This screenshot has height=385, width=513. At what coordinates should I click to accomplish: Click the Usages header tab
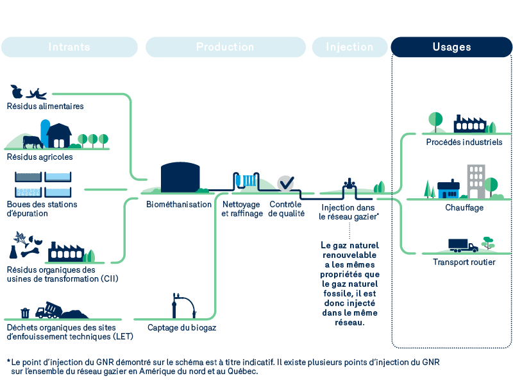451,47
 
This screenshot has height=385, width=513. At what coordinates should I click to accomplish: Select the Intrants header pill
69,47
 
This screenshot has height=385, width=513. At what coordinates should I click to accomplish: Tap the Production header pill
225,47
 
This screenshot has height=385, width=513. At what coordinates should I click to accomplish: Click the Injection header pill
349,47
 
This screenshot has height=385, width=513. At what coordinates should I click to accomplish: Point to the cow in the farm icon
31,141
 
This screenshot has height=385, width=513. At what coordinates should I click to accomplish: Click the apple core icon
17,92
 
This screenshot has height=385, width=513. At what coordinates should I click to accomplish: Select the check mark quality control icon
285,183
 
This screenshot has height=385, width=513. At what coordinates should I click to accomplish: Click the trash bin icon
25,312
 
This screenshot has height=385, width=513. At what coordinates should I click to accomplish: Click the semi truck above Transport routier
462,245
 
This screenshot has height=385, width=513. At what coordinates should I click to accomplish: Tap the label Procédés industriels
464,142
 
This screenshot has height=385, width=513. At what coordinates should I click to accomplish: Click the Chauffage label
464,207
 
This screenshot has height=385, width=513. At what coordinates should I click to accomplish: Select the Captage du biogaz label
181,327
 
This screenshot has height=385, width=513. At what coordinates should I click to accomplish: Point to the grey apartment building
475,181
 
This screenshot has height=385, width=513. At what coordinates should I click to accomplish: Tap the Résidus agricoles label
40,157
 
